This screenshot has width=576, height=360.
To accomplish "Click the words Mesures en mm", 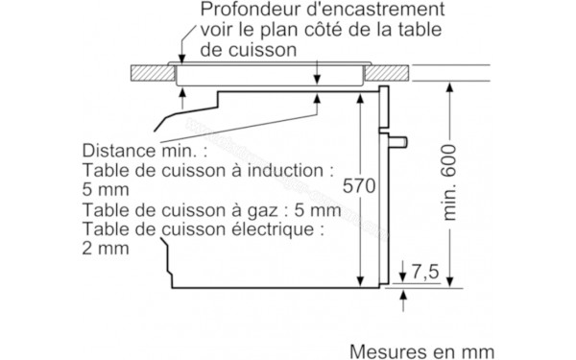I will (422, 349).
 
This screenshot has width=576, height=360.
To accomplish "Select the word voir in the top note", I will (221, 29).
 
